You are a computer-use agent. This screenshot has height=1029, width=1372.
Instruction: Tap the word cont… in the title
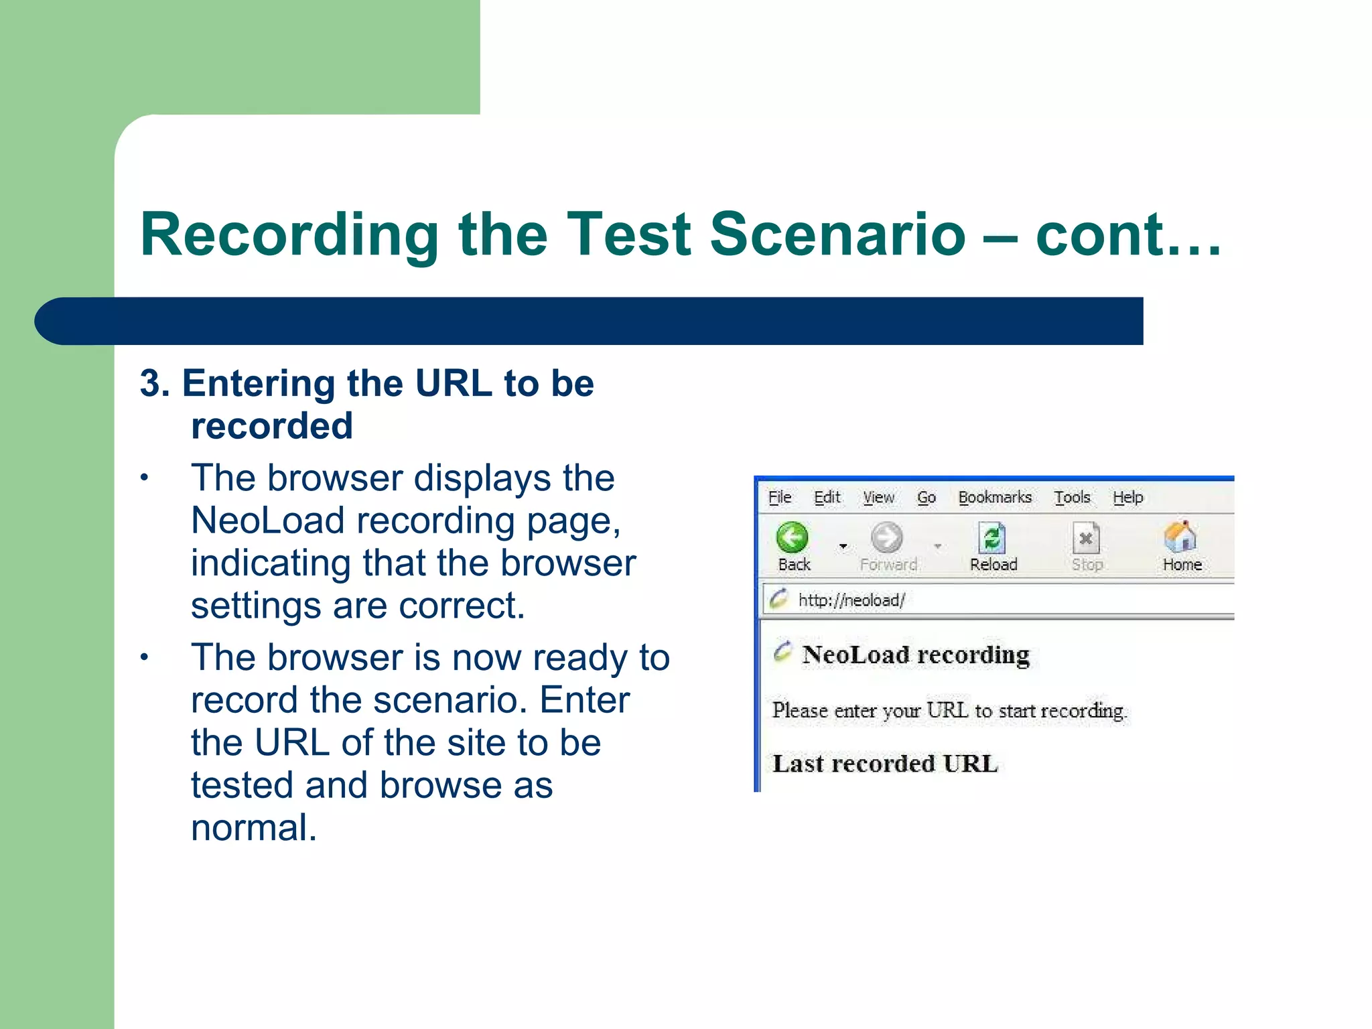1128,234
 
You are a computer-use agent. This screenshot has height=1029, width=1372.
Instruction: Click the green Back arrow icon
793,537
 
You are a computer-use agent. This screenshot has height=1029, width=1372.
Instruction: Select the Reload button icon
992,538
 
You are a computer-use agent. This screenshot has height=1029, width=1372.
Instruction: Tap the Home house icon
1180,537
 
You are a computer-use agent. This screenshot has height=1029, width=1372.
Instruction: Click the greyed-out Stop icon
1086,538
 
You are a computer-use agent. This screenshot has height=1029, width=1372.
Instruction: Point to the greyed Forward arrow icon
887,537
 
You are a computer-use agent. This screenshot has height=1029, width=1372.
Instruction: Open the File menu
779,497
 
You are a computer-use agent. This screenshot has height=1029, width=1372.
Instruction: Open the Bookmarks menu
995,497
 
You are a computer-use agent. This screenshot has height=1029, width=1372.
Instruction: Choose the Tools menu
1072,497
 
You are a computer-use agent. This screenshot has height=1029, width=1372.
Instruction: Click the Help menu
1127,497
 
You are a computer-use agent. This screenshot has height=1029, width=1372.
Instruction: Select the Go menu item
926,497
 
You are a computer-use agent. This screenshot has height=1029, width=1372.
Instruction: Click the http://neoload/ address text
851,600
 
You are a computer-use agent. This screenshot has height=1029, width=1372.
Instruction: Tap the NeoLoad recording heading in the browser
916,655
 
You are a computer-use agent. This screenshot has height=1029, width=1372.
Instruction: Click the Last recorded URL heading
885,764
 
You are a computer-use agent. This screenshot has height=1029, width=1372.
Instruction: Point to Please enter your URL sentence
949,710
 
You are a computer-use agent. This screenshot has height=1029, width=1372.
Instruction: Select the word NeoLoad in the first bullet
267,521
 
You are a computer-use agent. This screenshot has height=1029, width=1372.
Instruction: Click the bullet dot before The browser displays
143,478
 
